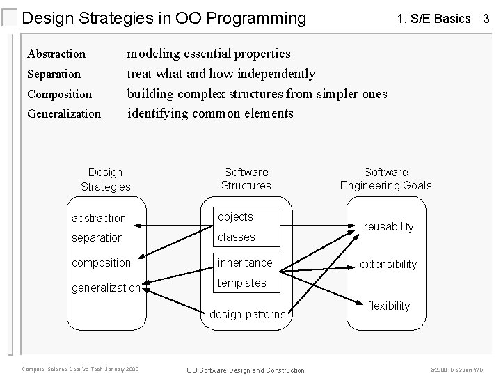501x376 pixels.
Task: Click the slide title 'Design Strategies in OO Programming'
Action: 164,18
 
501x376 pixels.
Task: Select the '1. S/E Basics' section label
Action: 434,19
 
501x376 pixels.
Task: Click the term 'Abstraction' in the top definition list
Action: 56,54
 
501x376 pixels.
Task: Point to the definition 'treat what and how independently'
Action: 221,73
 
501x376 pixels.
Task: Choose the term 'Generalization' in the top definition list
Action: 64,113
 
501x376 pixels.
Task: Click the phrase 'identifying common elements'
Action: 210,113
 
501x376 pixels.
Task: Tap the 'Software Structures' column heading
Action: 246,178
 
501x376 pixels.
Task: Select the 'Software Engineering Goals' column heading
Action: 385,178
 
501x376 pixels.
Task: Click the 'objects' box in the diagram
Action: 237,217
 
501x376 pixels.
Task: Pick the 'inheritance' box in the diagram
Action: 246,263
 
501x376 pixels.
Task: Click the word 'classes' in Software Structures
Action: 237,237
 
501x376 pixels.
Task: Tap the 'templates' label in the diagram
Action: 242,283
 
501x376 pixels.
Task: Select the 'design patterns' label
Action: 248,315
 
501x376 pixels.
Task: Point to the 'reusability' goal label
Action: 389,226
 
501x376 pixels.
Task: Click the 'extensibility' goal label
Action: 388,264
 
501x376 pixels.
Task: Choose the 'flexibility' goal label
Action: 389,306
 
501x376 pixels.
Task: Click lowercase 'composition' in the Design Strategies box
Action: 102,263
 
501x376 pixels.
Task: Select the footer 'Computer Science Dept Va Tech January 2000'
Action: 81,369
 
